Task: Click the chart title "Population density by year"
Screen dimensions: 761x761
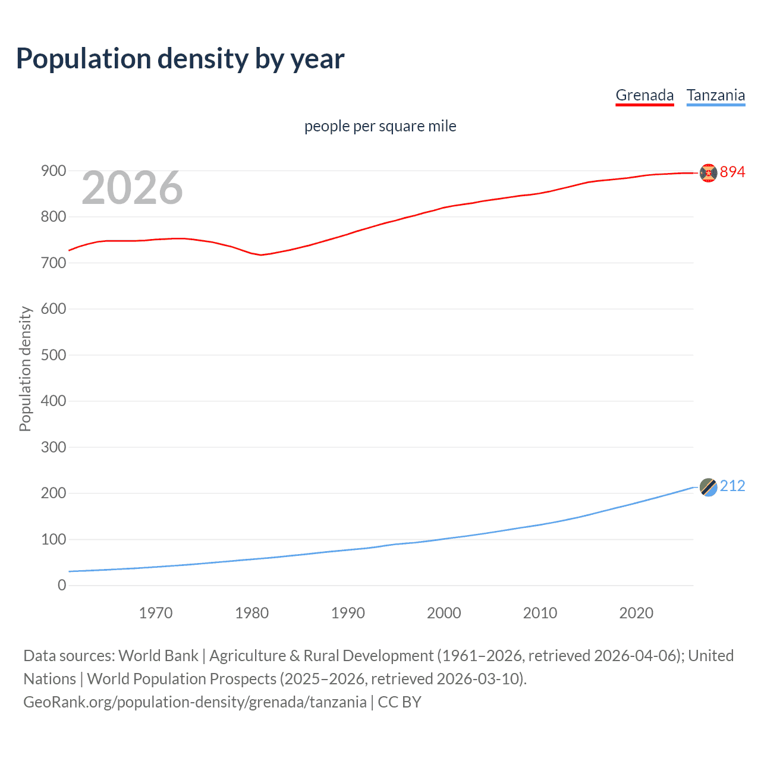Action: click(x=180, y=59)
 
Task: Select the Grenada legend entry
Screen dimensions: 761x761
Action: click(x=644, y=95)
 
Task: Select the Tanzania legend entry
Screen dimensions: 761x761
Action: click(x=715, y=95)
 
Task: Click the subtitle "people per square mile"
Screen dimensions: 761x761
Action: click(x=380, y=126)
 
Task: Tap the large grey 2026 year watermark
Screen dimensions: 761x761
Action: click(x=132, y=188)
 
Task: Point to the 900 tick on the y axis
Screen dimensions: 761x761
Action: click(x=54, y=171)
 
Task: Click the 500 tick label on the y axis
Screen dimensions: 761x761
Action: click(x=54, y=355)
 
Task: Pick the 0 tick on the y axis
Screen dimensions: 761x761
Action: click(x=62, y=585)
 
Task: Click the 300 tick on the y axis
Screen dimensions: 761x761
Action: click(x=54, y=447)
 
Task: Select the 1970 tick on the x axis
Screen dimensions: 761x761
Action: click(x=156, y=613)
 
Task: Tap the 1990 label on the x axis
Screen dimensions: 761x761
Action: click(x=348, y=613)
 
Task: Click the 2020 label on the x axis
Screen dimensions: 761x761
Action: click(x=636, y=613)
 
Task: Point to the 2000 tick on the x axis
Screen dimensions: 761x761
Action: click(x=444, y=613)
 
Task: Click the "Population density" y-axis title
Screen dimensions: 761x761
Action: click(x=25, y=369)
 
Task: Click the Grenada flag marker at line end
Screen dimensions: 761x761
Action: click(x=708, y=172)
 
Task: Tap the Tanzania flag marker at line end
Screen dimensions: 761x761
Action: click(x=708, y=487)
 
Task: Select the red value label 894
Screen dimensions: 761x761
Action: click(x=732, y=172)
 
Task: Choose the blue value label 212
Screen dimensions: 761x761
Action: click(x=732, y=486)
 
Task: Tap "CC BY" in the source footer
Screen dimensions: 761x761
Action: click(x=400, y=702)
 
